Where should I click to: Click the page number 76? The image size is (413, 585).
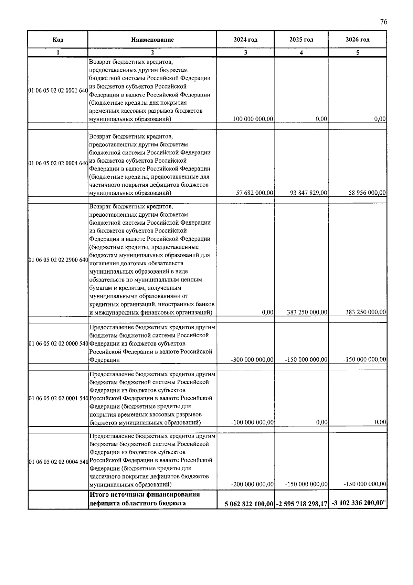(x=383, y=22)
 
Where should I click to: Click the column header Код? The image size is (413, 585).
(x=58, y=40)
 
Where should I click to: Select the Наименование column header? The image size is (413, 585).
(x=152, y=40)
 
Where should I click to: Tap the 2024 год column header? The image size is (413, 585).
(x=245, y=40)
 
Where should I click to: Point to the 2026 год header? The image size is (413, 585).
(x=358, y=40)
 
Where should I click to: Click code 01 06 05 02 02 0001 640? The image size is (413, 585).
(x=58, y=91)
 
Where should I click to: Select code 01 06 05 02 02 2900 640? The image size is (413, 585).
(x=58, y=260)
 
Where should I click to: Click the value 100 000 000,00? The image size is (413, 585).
(x=253, y=119)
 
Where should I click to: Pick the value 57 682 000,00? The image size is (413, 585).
(x=255, y=193)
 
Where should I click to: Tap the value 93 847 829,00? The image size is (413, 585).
(x=309, y=193)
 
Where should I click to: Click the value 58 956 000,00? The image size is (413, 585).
(x=367, y=193)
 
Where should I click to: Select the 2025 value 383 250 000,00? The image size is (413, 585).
(x=307, y=312)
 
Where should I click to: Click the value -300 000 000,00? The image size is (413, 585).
(x=252, y=360)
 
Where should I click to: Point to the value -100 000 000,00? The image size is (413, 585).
(x=252, y=422)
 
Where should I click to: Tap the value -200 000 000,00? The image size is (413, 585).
(x=252, y=484)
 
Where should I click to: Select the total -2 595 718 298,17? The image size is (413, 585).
(x=301, y=504)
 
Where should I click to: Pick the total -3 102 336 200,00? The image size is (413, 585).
(x=358, y=503)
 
